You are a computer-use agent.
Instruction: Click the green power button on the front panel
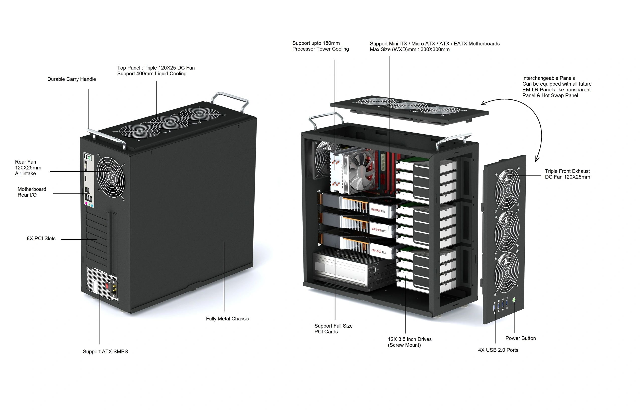point(514,300)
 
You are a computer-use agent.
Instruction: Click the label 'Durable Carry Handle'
point(71,79)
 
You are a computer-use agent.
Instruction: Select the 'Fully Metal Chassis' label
point(227,319)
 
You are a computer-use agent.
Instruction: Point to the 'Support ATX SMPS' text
point(105,352)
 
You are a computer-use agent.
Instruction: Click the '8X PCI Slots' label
point(41,238)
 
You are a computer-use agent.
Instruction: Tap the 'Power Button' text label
point(520,338)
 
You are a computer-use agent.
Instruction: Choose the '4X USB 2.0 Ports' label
point(498,350)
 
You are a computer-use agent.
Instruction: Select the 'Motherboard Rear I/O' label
point(32,192)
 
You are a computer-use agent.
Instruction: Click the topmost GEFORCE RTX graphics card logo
point(378,211)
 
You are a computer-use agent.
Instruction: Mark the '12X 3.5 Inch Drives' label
point(410,342)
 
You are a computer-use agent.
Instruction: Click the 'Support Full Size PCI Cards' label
point(333,329)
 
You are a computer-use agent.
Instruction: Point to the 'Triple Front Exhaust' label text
point(567,171)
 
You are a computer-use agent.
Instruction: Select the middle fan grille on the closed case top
point(170,122)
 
